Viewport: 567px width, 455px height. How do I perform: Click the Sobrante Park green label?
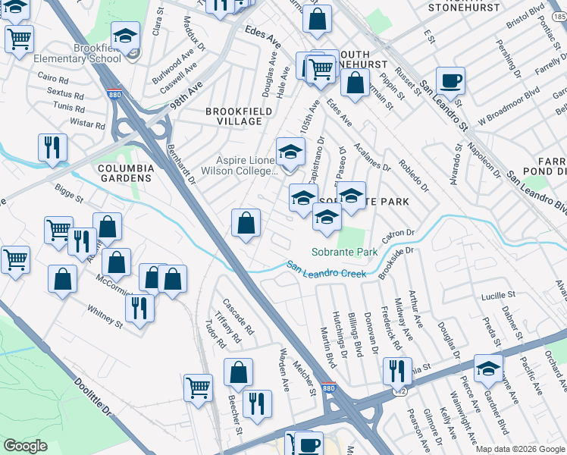(344, 252)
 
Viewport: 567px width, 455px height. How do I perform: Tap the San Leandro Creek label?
(326, 268)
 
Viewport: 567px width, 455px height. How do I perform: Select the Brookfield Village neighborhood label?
(233, 116)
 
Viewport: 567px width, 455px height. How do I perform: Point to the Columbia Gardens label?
(126, 173)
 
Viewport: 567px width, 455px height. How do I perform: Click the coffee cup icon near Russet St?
(450, 80)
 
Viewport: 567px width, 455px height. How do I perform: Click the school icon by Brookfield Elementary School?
(126, 35)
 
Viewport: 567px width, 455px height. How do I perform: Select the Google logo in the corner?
(25, 446)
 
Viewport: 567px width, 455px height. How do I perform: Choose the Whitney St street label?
(105, 316)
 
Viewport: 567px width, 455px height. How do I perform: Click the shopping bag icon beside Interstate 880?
(246, 223)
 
